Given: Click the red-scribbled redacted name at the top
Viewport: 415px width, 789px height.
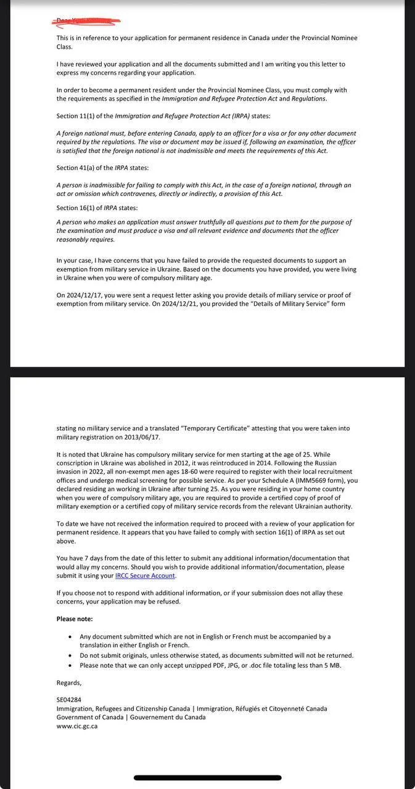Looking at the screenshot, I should point(86,22).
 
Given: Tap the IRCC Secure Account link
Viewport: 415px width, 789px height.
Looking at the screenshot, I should point(145,576).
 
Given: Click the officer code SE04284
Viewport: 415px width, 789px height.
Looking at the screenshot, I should point(69,700).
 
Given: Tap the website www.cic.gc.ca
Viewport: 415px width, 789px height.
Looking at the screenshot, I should point(77,726).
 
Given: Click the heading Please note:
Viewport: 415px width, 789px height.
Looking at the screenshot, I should point(75,619).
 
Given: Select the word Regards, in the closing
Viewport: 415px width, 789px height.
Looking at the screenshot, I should point(69,682).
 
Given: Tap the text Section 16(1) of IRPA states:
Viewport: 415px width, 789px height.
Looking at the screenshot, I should point(97,208).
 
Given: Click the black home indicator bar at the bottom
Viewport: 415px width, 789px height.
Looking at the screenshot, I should point(207,778).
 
